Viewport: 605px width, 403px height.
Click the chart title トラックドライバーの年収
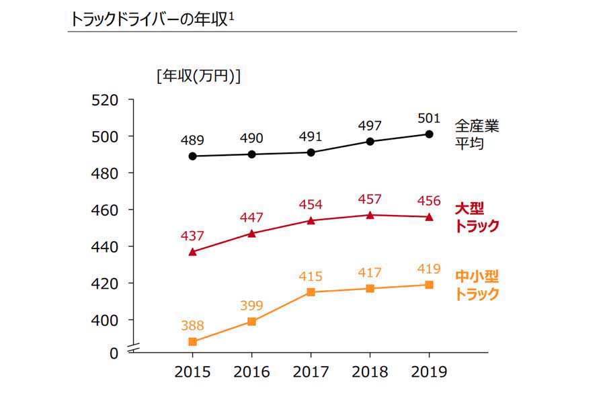(151, 19)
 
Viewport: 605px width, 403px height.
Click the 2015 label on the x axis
(192, 371)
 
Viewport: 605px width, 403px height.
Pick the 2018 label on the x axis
(370, 371)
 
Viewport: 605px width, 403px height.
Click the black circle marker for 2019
(429, 134)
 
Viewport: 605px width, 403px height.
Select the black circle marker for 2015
(193, 156)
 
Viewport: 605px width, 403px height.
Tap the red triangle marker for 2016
(251, 233)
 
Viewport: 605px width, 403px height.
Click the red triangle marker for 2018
(370, 215)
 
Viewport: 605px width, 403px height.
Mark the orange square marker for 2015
(193, 342)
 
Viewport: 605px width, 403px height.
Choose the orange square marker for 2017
(311, 292)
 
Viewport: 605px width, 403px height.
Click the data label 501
(429, 119)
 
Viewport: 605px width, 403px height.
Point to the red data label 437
(192, 236)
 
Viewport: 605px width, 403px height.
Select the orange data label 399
(251, 306)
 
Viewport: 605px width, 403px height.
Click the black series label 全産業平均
(477, 134)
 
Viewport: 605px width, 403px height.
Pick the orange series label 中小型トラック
(477, 285)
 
